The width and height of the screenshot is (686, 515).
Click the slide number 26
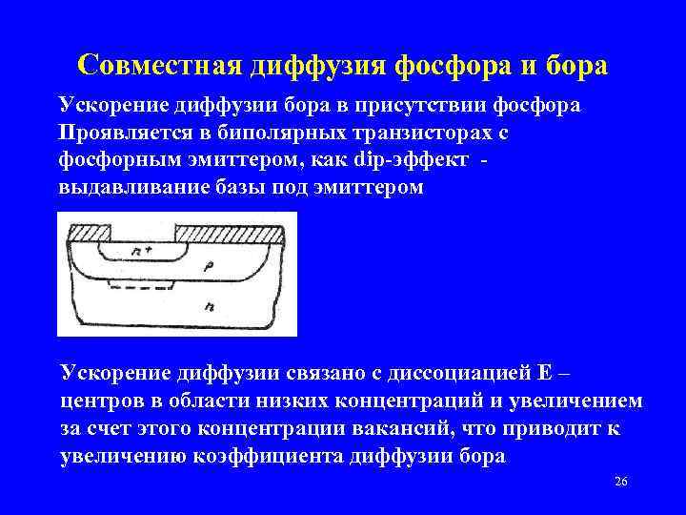[620, 483]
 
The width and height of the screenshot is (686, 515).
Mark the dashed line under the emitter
[143, 283]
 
